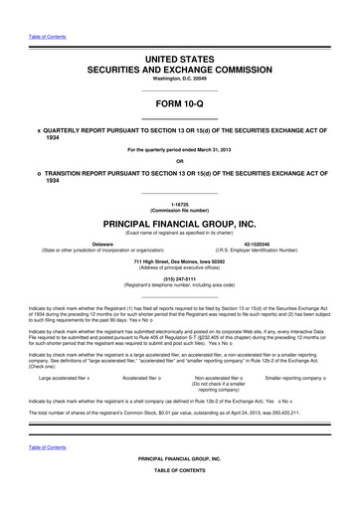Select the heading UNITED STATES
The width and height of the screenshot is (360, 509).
(x=179, y=61)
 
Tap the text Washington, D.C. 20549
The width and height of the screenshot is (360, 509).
(x=179, y=82)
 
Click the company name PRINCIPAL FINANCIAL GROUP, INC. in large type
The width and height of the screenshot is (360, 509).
(x=179, y=225)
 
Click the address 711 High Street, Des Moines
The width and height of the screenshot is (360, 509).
(x=179, y=260)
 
